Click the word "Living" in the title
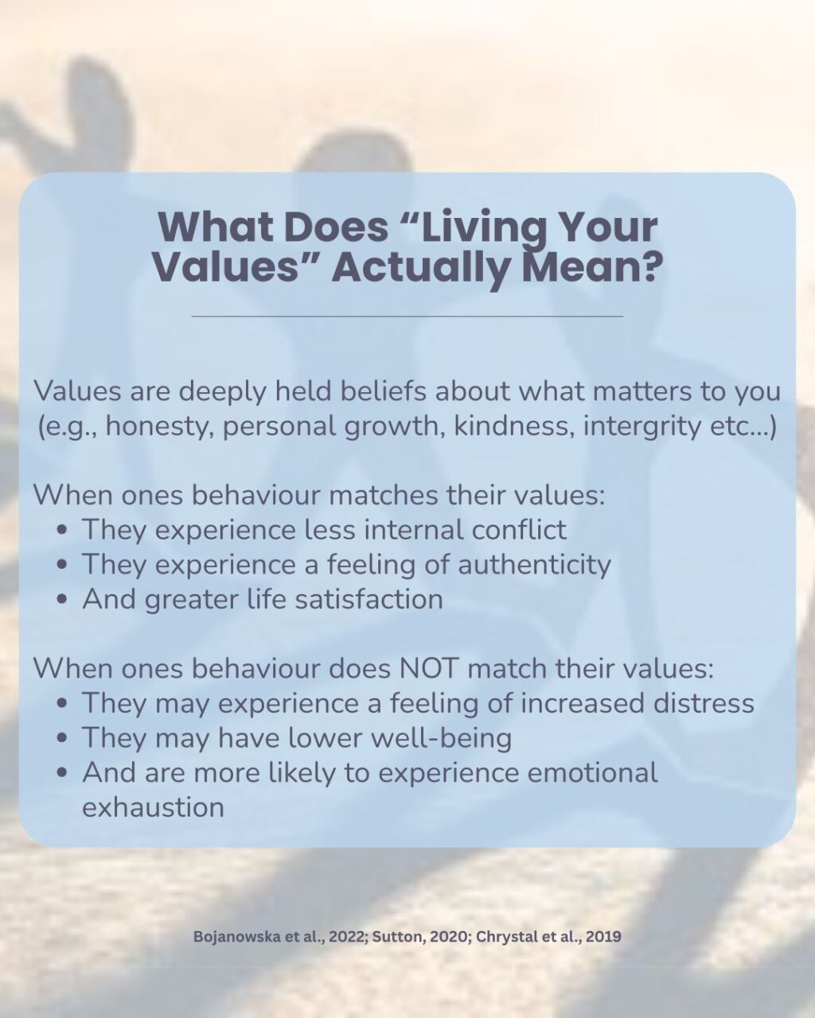476,228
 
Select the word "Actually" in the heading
419,267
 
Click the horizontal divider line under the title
407,316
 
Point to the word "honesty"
159,426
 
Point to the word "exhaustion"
153,807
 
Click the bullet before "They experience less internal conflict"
63,530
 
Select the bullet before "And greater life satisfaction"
63,600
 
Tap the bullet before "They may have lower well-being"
63,740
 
